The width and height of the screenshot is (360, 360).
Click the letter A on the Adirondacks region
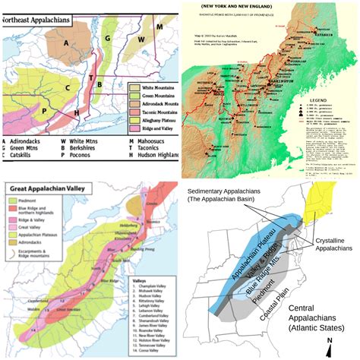[x=66, y=43]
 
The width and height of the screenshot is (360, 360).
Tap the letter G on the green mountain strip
[x=109, y=36]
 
